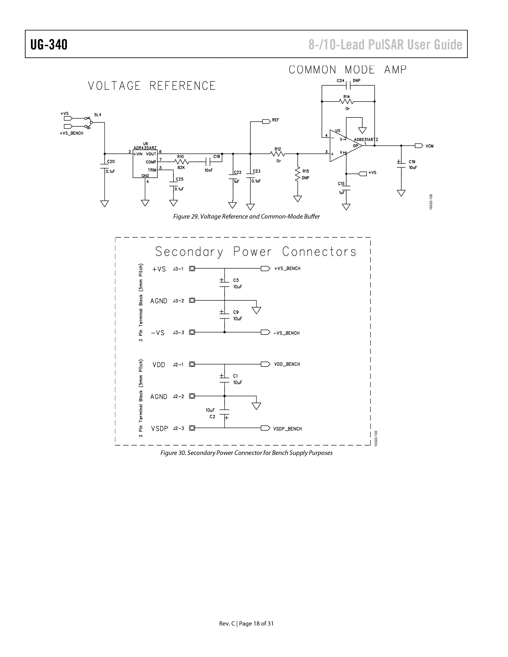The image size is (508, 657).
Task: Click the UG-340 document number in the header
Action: click(x=49, y=45)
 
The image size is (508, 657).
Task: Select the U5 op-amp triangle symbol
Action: click(x=346, y=146)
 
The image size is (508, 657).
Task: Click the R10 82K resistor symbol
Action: click(x=181, y=162)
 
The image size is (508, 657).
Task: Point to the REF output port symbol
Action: click(x=266, y=121)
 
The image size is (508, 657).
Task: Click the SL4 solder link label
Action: click(x=98, y=115)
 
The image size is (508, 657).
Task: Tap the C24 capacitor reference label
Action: click(x=340, y=81)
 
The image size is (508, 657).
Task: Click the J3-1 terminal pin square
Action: click(x=192, y=269)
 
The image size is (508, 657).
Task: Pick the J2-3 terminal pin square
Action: click(x=192, y=428)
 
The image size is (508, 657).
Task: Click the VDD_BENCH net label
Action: click(x=287, y=364)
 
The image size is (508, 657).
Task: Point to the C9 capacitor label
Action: click(x=236, y=312)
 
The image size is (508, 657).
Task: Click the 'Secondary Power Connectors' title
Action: click(x=256, y=252)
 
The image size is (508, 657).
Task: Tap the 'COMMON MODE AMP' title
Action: click(x=348, y=70)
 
